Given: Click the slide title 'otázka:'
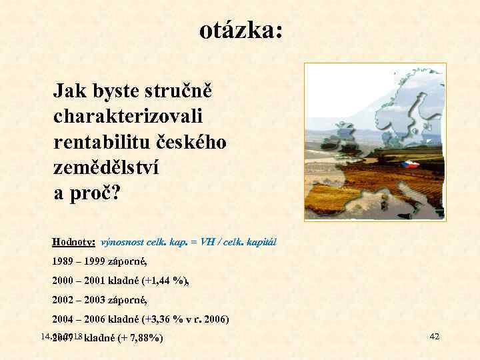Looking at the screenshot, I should click(x=241, y=30).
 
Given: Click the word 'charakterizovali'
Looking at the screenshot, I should click(x=128, y=116).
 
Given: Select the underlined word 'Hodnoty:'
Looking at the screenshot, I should click(x=74, y=242).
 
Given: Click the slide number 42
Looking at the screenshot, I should click(x=434, y=336).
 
